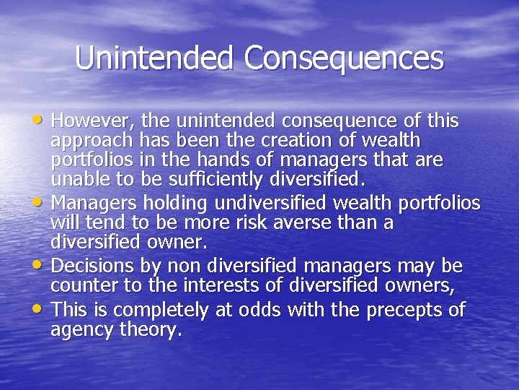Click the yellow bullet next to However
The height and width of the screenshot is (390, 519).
tap(42, 118)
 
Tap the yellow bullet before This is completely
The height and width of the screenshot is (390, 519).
tap(42, 310)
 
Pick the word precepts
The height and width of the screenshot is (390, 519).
tap(407, 311)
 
